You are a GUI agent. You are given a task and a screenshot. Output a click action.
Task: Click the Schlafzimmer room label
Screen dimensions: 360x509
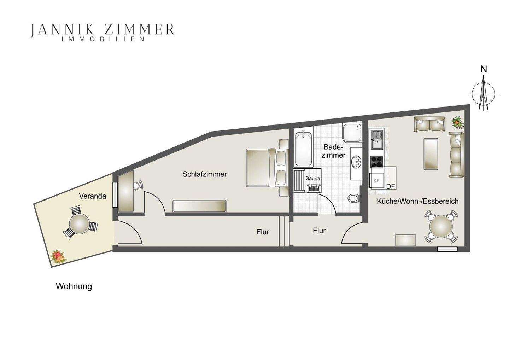tap(205, 174)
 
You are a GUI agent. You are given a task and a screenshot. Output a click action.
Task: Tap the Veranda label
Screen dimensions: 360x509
tap(93, 196)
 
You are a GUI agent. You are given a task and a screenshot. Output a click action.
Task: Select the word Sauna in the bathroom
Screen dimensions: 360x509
tap(313, 179)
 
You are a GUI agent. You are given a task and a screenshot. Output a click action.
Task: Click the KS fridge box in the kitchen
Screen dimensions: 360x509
tap(376, 180)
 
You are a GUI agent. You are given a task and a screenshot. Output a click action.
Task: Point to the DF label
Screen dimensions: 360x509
tap(391, 186)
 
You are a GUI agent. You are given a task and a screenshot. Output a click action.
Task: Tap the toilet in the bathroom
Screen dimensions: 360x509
tap(353, 198)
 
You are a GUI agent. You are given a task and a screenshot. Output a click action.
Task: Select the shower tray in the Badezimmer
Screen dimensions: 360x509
tap(351, 132)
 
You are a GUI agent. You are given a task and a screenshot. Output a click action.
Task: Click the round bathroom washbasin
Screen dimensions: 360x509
tap(356, 162)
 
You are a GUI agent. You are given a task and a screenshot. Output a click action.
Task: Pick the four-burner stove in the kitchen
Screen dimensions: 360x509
tap(376, 162)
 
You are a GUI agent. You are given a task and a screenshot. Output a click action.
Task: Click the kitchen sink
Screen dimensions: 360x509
tap(376, 140)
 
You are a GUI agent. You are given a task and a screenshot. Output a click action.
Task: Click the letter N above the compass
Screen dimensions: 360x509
tap(484, 69)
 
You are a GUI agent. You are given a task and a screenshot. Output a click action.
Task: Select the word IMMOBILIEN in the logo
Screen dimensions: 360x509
tap(103, 39)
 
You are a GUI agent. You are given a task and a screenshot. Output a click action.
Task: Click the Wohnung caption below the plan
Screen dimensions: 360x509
tap(74, 286)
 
